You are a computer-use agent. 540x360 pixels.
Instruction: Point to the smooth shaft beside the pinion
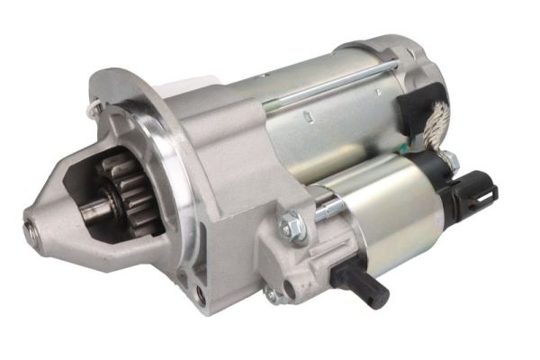(x=97, y=213)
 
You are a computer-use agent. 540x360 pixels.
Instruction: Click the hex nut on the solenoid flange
(x=292, y=225)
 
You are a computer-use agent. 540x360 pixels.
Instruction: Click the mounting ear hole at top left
(x=96, y=108)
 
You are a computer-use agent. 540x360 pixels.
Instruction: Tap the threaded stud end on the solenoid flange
(x=328, y=209)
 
